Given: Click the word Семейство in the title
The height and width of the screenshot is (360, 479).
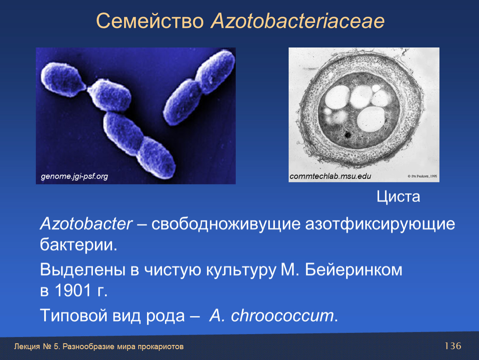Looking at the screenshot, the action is pos(150,21).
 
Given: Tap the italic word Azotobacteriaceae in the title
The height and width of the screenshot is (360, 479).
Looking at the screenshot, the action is pos(297,21).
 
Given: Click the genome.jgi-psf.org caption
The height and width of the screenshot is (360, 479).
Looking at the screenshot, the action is pos(74,176).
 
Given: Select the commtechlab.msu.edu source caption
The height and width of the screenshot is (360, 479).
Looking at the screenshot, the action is pos(330,176).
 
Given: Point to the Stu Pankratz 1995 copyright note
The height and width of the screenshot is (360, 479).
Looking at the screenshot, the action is pos(422,176).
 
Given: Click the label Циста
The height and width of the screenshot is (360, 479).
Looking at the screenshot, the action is pos(398,197).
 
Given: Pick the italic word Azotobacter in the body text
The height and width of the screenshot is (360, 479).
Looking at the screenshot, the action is pos(87,224).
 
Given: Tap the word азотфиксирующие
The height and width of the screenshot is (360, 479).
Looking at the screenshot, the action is pos(380,224).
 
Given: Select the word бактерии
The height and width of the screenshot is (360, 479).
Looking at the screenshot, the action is pos(78,245).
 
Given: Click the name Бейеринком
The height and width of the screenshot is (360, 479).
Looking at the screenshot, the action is pos(354,270).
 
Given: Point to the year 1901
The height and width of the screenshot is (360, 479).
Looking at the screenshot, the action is pos(73,290).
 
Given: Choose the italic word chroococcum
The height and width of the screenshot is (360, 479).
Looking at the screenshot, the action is pos(282,315).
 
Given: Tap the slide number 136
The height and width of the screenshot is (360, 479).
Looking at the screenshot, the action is pos(453,346).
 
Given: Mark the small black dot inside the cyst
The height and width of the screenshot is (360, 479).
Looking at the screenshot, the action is pos(347,134).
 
